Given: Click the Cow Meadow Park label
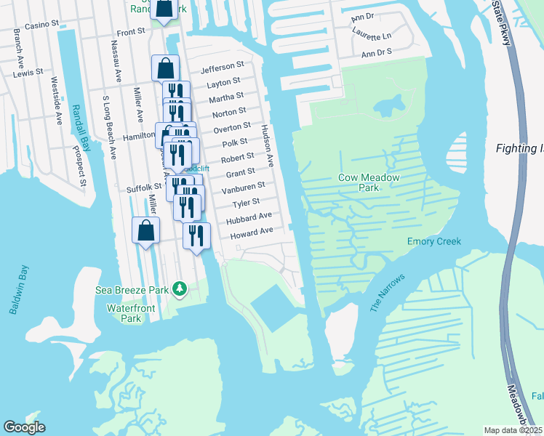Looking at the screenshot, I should [359, 182].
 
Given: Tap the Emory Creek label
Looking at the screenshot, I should [434, 242].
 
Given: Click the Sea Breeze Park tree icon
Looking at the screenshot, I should [180, 289].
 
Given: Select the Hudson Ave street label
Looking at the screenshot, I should [267, 145].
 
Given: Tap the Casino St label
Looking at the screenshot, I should [41, 25].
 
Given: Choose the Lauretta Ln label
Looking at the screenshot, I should [372, 36].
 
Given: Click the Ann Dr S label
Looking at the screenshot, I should [377, 53].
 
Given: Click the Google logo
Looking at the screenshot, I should [24, 427].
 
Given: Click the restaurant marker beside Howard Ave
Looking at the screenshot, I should [196, 235].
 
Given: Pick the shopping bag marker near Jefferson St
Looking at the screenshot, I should [165, 69].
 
